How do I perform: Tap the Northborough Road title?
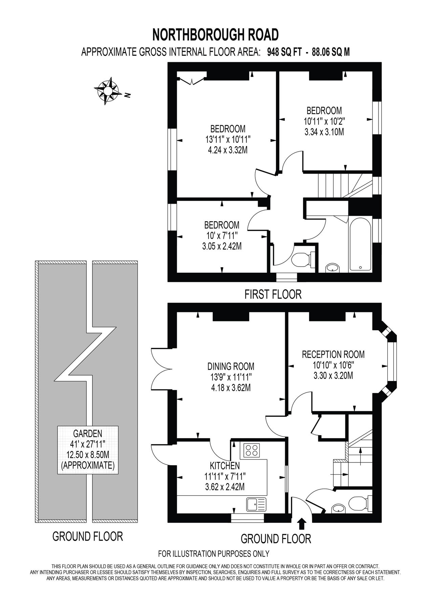point(215,35)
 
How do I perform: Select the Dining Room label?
point(231,366)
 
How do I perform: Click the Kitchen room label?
point(224,466)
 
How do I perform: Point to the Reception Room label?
point(333,354)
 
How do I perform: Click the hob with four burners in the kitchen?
point(251,450)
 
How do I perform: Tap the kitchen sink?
point(256,504)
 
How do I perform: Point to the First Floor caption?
point(273,294)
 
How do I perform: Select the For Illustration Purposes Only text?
point(214,554)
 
